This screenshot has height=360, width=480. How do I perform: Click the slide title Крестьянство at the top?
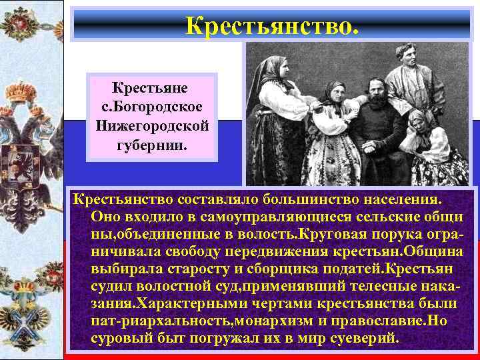click(273, 25)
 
